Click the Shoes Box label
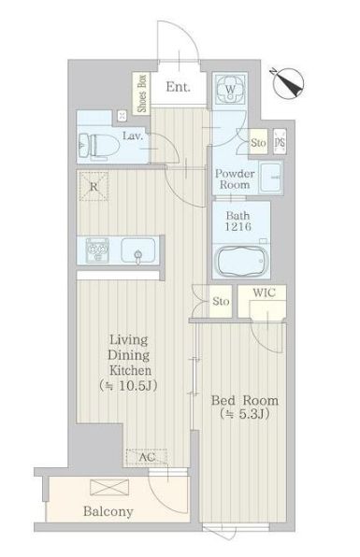[x=142, y=93]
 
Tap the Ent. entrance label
[x=178, y=87]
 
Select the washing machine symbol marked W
[x=230, y=89]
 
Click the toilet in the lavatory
[x=99, y=145]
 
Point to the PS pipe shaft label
[x=280, y=142]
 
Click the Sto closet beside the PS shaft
[x=258, y=142]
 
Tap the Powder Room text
[x=235, y=179]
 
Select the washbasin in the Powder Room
[x=270, y=177]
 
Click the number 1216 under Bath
[x=238, y=226]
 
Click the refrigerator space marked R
[x=94, y=186]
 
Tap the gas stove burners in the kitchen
[x=97, y=250]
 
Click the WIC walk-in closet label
[x=264, y=293]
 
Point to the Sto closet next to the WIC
[x=221, y=301]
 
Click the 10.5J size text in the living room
[x=128, y=386]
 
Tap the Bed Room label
[x=244, y=400]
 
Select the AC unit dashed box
[x=147, y=456]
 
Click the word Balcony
[x=108, y=511]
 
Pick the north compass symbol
[x=289, y=83]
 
